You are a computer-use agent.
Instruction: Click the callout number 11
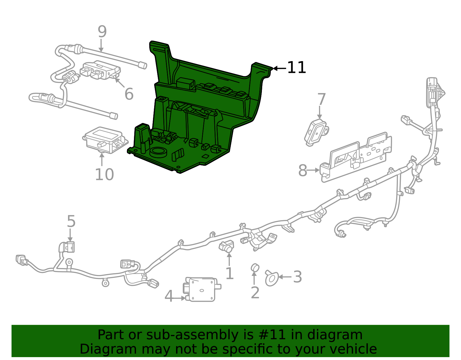297,68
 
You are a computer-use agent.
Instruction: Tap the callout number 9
102,32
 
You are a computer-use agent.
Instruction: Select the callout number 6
129,94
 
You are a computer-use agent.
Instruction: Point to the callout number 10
104,175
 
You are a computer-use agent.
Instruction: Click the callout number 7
322,99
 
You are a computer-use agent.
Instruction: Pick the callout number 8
303,170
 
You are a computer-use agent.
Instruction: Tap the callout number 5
71,221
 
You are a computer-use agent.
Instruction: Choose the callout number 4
169,296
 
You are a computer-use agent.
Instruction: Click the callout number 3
297,277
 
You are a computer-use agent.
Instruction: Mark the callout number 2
255,293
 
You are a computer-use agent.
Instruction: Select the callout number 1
229,274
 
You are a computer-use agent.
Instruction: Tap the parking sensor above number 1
227,246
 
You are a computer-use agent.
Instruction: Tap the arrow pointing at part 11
279,68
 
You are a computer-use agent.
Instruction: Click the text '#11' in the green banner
272,335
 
